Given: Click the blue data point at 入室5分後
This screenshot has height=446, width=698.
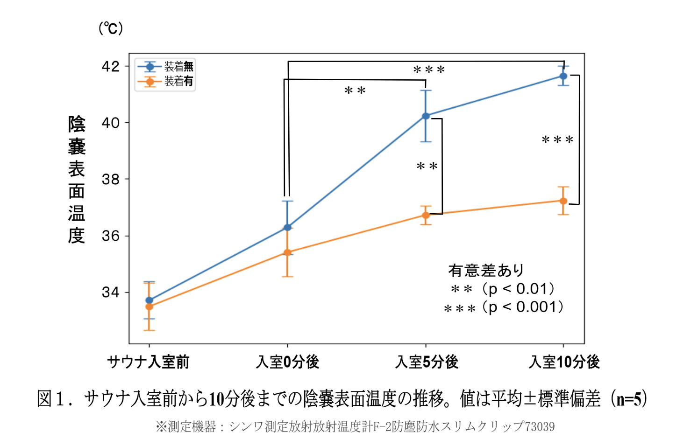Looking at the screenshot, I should [426, 116].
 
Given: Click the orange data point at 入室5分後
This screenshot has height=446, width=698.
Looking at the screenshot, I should [426, 215].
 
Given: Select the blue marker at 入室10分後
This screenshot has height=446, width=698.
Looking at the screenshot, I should [563, 76].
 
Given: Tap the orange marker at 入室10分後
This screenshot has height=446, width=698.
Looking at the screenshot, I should [563, 201].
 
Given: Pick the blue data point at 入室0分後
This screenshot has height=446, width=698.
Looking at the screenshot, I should [287, 227].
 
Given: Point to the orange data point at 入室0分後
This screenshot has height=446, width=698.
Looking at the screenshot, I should [287, 253].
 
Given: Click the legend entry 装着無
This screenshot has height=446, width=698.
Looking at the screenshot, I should [178, 67].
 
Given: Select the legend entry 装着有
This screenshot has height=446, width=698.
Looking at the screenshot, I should [178, 81].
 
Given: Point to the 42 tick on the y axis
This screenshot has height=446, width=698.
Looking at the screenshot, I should [111, 66].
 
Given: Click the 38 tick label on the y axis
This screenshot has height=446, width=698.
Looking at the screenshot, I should [111, 179].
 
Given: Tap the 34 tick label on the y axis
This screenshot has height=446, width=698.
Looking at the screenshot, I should [111, 293].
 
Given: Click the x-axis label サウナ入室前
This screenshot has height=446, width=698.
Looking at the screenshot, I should [149, 362].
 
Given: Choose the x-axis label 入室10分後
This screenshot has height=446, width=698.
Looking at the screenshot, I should [564, 362].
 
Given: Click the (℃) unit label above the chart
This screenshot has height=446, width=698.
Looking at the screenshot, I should [111, 28].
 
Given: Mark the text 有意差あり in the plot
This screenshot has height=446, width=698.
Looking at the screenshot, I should [486, 270].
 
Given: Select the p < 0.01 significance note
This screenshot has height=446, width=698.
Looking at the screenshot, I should [519, 289].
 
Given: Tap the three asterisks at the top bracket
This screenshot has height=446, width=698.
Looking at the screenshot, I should [429, 70].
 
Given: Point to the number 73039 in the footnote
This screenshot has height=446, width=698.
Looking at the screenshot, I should [540, 426].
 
